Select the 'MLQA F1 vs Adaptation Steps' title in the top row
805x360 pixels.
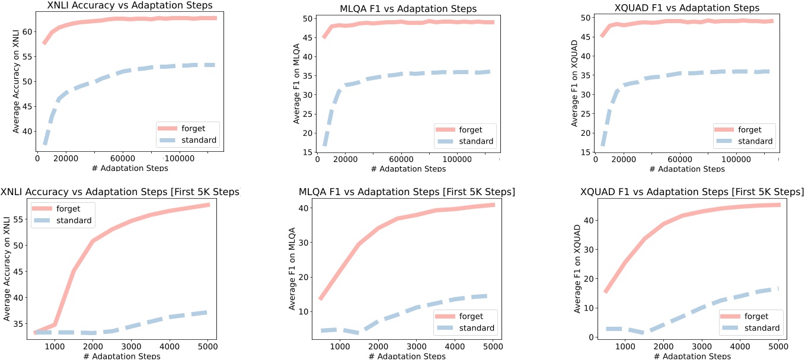pyautogui.click(x=408, y=9)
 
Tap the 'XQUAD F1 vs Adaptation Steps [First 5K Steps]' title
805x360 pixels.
pyautogui.click(x=692, y=192)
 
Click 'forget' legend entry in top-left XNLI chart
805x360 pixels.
pyautogui.click(x=189, y=129)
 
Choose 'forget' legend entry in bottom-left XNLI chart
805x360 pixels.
pyautogui.click(x=66, y=208)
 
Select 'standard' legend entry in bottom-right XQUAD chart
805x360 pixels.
pyautogui.click(x=760, y=328)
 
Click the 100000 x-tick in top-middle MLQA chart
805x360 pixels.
pyautogui.click(x=458, y=159)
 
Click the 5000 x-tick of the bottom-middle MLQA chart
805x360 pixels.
pyautogui.click(x=491, y=346)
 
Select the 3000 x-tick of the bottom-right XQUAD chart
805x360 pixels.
pyautogui.click(x=701, y=346)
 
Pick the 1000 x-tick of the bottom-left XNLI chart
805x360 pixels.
pyautogui.click(x=55, y=346)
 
